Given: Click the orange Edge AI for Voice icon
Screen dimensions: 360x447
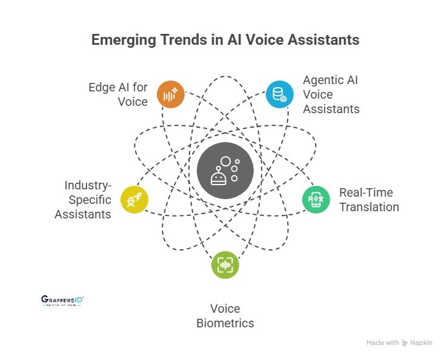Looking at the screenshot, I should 170,94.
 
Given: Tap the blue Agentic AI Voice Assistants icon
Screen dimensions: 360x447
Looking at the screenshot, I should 279,94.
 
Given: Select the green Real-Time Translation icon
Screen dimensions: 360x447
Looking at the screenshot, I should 316,199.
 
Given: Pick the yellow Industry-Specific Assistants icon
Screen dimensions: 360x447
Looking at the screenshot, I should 134,199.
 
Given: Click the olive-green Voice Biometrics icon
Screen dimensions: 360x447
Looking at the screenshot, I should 225,265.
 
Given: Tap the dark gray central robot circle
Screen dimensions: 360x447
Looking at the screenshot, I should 225,171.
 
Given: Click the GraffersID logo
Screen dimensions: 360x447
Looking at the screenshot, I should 62,300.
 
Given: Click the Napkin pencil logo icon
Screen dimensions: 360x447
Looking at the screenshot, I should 405,342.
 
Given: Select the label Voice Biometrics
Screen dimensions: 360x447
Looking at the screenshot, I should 225,315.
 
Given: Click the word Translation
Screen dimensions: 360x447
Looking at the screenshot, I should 369,207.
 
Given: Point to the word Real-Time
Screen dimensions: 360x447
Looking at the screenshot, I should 366,192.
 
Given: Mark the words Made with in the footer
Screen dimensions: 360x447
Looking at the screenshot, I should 382,342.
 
